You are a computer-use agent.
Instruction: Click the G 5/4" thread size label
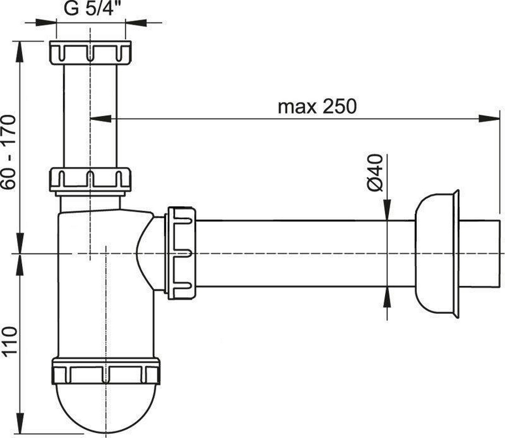coord(89,8)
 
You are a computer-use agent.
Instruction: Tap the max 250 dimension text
coord(317,107)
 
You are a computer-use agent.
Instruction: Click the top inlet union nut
coord(90,53)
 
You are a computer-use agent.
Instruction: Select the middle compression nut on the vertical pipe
coord(90,180)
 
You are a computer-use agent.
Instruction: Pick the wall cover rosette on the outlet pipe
coord(437,253)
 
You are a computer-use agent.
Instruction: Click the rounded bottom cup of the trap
coord(106,409)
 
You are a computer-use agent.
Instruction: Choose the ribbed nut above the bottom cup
coord(106,371)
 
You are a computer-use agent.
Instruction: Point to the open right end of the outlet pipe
coord(500,253)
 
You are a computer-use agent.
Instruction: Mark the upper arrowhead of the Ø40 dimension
coord(387,210)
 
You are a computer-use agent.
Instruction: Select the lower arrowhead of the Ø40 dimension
coord(387,297)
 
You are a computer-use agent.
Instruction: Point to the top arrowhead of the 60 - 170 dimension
coord(20,51)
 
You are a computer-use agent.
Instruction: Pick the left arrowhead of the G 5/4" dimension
coord(45,22)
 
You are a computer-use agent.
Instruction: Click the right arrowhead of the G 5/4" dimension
coord(135,22)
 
